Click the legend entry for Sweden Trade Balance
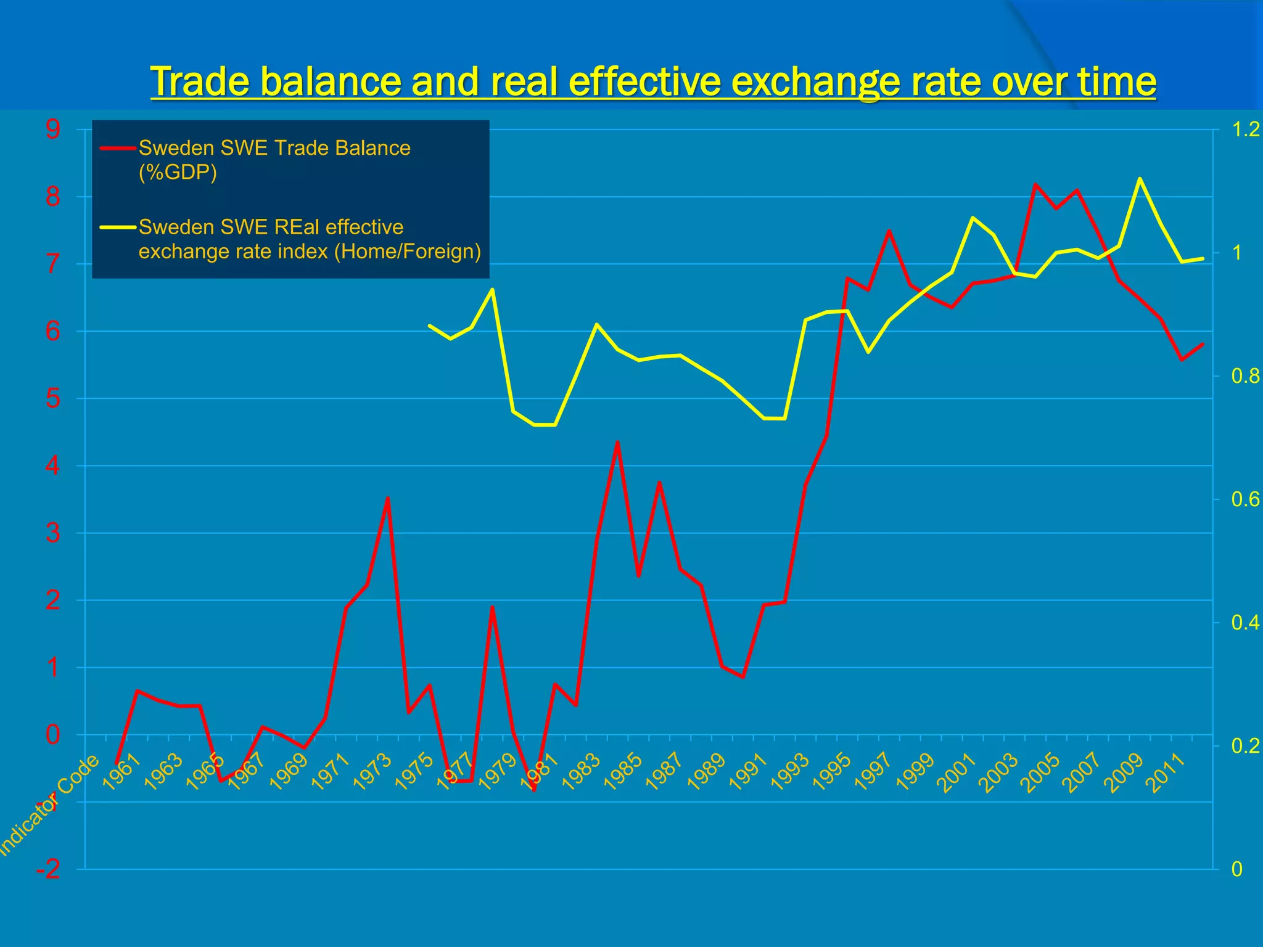[274, 160]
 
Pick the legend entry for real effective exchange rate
[309, 239]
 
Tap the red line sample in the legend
[118, 148]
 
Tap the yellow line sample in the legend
[118, 227]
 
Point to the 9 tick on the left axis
[53, 129]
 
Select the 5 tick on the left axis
[53, 399]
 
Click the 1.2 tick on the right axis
[1245, 129]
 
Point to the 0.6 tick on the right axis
[1245, 499]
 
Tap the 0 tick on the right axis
[1236, 869]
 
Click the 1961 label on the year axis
[121, 772]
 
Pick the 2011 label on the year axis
[1166, 772]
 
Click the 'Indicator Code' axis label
[49, 805]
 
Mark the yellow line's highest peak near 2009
[1140, 179]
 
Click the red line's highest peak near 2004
[1035, 184]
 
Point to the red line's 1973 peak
[387, 498]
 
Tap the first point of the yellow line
[429, 325]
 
